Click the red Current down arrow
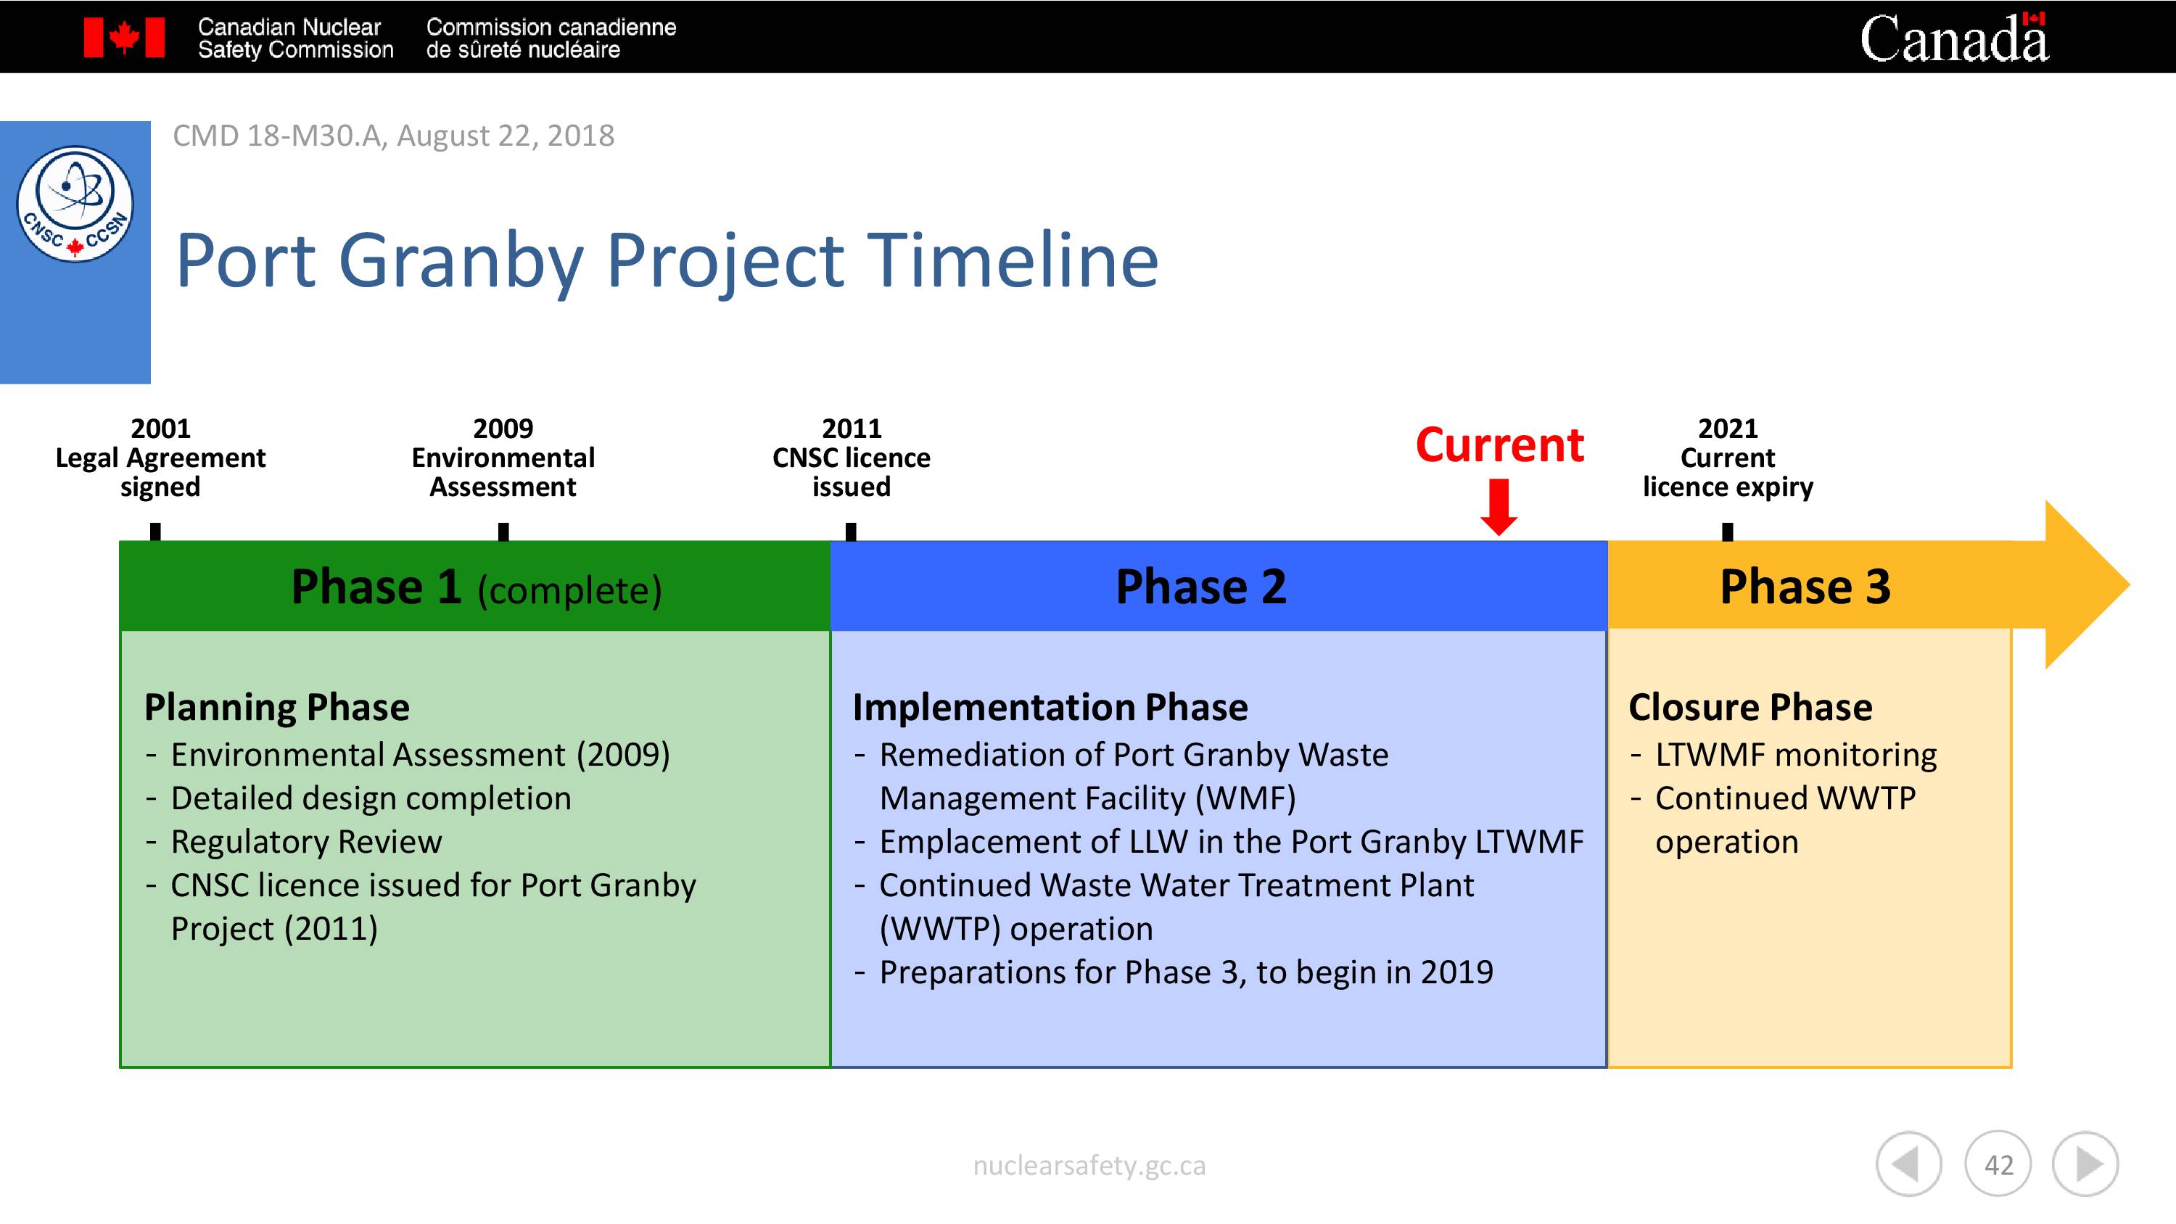tap(1499, 507)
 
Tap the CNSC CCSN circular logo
tap(75, 204)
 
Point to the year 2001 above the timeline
tap(160, 429)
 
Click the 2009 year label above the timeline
tap(503, 429)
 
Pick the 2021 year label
tap(1728, 429)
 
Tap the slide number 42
tap(1998, 1165)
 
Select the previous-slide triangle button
tap(1909, 1165)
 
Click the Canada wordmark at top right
tap(1954, 37)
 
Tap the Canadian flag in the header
tap(124, 38)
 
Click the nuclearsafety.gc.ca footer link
tap(1089, 1166)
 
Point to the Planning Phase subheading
tap(276, 707)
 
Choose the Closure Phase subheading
tap(1750, 707)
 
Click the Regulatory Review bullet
tap(306, 841)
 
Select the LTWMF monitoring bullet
tap(1796, 754)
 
